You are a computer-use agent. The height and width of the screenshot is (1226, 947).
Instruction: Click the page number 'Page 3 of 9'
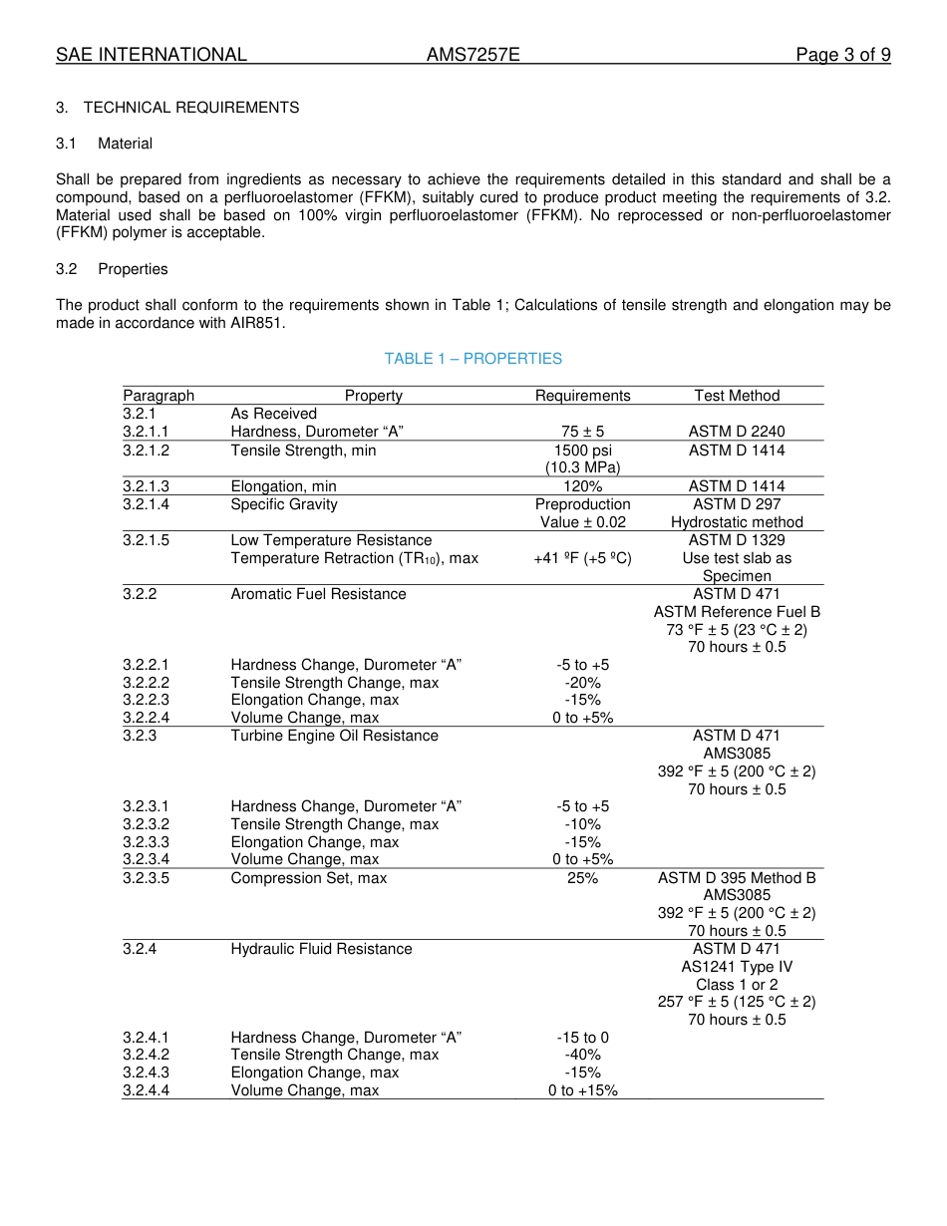[842, 55]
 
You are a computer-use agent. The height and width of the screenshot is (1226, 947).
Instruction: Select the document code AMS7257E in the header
[473, 55]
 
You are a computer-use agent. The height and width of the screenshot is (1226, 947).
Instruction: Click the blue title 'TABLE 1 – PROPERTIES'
[473, 359]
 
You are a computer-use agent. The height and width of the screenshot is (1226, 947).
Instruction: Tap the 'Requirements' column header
[582, 396]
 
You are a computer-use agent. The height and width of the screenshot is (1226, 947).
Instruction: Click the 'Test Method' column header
[737, 396]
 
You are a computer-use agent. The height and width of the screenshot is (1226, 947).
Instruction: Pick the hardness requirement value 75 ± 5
[582, 432]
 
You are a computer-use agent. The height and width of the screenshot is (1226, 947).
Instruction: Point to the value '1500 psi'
[582, 451]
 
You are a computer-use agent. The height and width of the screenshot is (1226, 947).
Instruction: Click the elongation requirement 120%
[582, 486]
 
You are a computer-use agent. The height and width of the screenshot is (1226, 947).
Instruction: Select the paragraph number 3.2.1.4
[147, 504]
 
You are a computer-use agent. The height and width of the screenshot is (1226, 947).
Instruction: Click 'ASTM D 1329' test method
[737, 540]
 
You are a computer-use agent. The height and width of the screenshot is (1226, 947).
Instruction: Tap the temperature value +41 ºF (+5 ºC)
[582, 558]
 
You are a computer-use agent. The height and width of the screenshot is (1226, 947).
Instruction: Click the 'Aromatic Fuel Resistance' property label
[318, 594]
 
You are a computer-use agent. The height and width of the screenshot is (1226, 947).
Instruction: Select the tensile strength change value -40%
[582, 1055]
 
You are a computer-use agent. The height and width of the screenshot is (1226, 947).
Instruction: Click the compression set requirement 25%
[582, 878]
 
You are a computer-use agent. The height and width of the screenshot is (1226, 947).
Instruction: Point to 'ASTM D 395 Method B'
[737, 878]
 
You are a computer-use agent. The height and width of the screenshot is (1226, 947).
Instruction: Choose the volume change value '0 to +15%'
[582, 1090]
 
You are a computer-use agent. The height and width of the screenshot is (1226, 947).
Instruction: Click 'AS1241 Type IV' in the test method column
[737, 967]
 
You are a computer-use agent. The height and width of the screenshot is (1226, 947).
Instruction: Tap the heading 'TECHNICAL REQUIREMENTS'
[191, 108]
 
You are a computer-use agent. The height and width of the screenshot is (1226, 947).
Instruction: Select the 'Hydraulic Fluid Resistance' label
[321, 949]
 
